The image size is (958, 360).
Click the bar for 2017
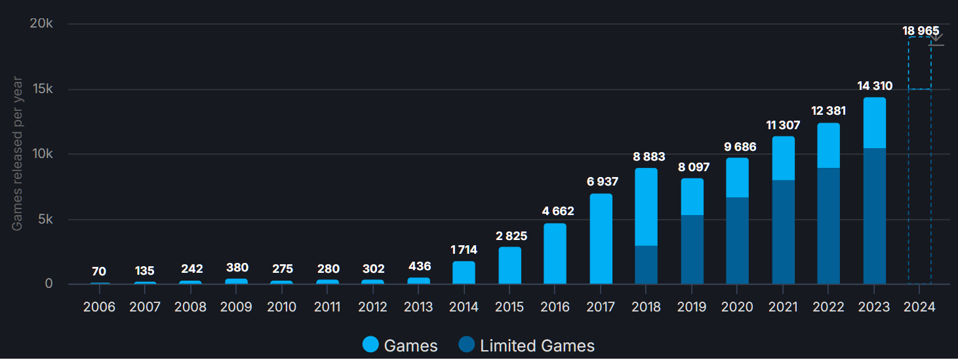(601, 239)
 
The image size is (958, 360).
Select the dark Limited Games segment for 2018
(646, 265)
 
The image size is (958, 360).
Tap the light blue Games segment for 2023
(874, 123)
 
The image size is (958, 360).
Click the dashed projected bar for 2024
(919, 164)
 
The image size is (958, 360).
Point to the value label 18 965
(920, 31)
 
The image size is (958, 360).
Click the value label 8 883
(649, 157)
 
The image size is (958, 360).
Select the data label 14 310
(874, 86)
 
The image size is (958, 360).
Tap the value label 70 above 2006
(99, 271)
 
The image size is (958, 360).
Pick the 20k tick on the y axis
(41, 24)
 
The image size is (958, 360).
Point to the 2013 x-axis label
(419, 307)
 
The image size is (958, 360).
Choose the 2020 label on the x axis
(738, 307)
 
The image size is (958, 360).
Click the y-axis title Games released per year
(17, 154)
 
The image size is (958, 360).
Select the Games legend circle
(370, 345)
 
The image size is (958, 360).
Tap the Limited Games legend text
(537, 346)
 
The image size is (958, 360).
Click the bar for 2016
(555, 254)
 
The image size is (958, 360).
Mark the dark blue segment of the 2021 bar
(783, 231)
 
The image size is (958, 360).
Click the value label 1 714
(464, 250)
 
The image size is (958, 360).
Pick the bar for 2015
(509, 266)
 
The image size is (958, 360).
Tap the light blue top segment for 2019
(692, 197)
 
